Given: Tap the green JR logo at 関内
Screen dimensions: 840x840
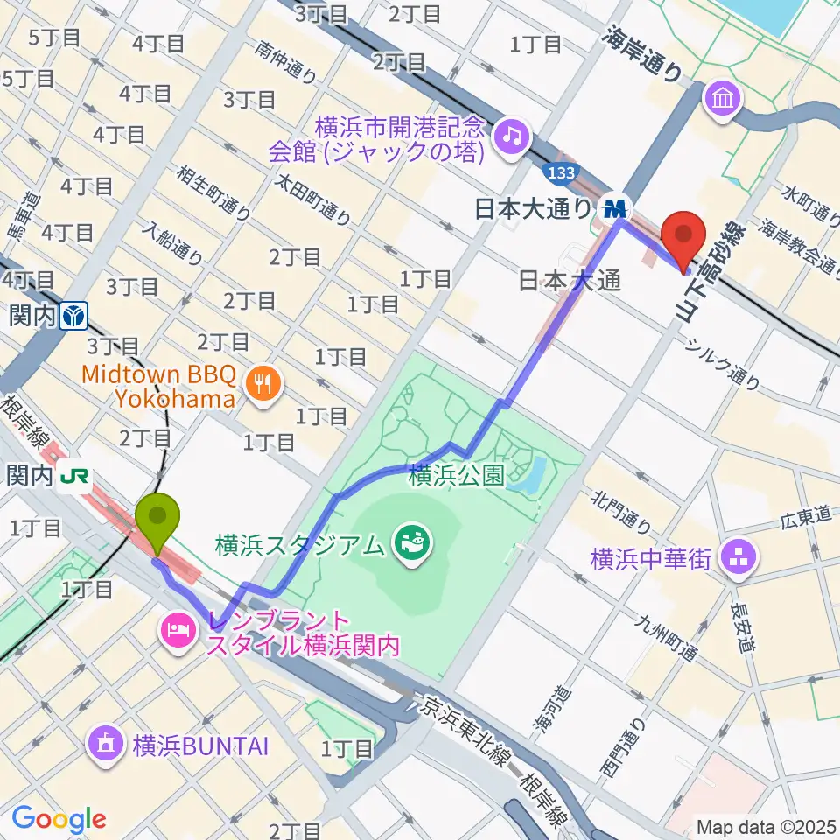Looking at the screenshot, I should pyautogui.click(x=73, y=476).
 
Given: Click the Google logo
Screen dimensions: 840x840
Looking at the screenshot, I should pyautogui.click(x=59, y=819).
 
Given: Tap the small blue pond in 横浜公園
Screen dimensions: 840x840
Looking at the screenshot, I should pyautogui.click(x=529, y=474).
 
